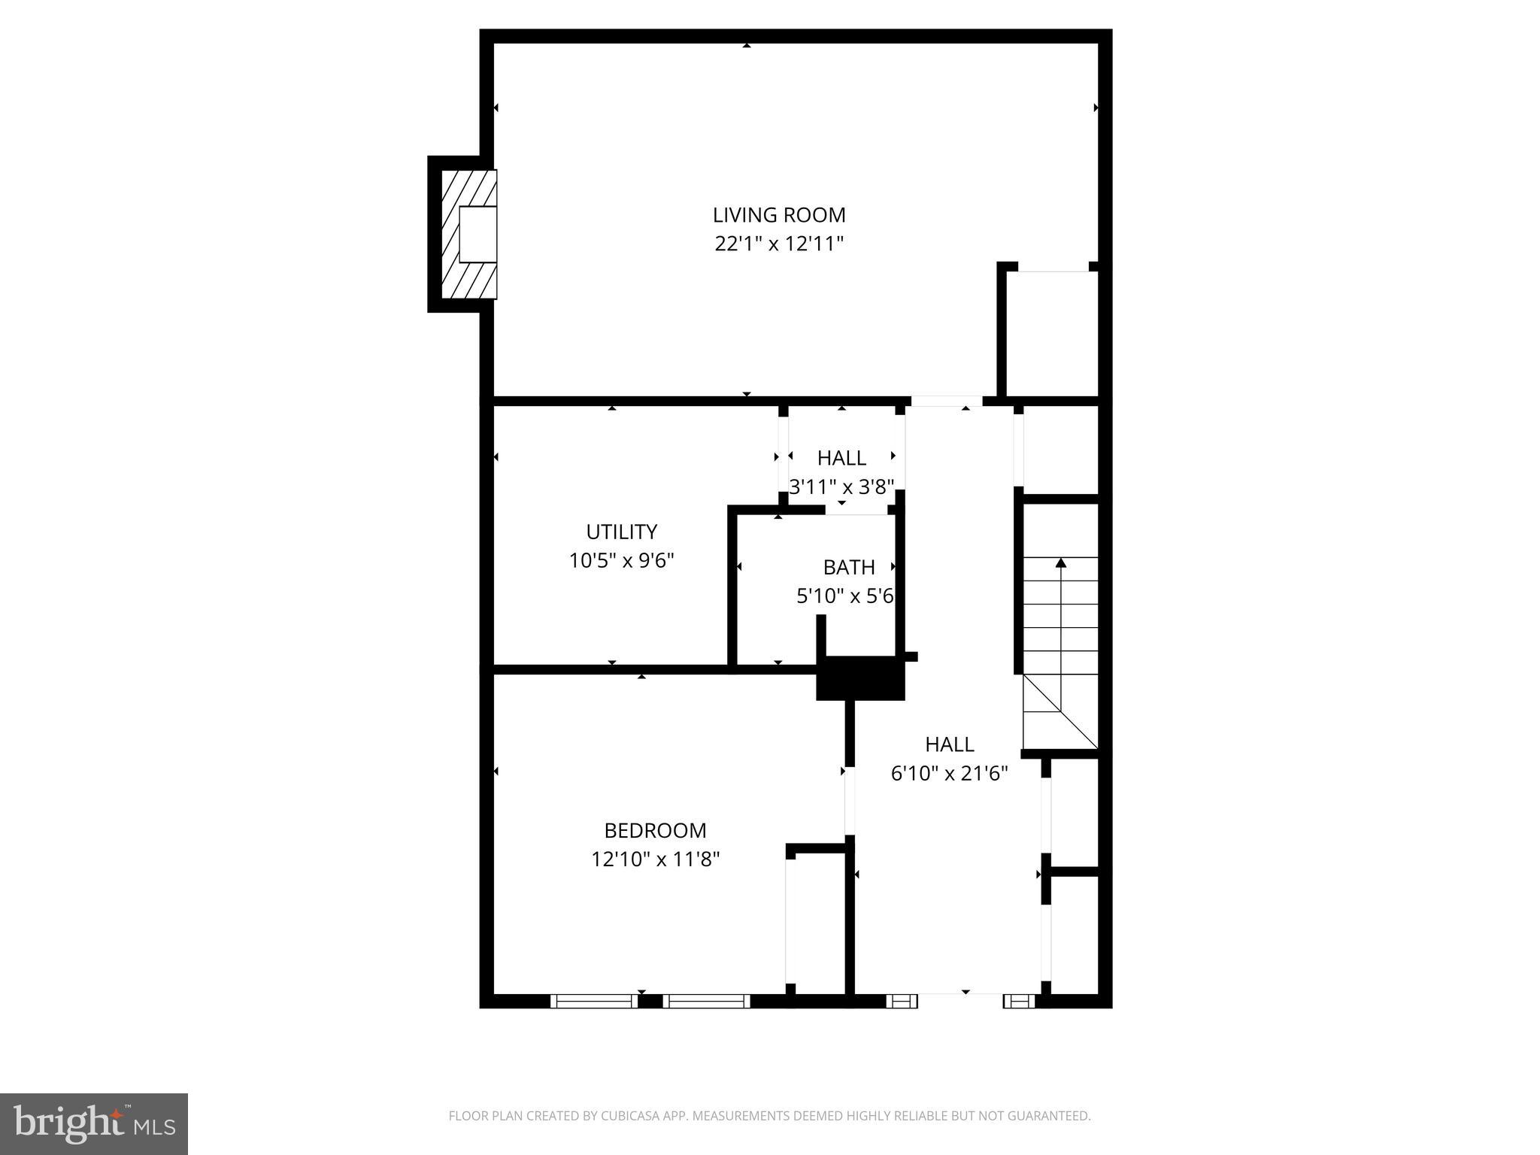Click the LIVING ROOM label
coord(779,215)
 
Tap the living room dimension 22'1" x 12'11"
coord(779,244)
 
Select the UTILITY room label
coord(622,532)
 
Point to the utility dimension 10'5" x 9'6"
coord(622,560)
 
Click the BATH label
coord(849,567)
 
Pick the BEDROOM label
coord(656,830)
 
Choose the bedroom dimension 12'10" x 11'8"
coord(656,859)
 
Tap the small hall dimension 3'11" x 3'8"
coord(841,487)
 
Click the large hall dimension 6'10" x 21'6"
coord(949,773)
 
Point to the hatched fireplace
coord(468,234)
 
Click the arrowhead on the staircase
coord(1061,562)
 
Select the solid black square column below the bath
coord(861,678)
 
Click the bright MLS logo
coord(94,1123)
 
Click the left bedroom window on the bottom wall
coord(594,1001)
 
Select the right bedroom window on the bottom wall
coord(707,1001)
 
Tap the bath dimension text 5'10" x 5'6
coord(845,596)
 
